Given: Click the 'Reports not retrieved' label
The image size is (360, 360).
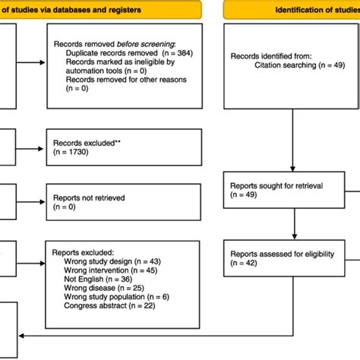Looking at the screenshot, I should [x=89, y=197].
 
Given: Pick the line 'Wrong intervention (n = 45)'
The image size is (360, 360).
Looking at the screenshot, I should [x=110, y=270].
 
